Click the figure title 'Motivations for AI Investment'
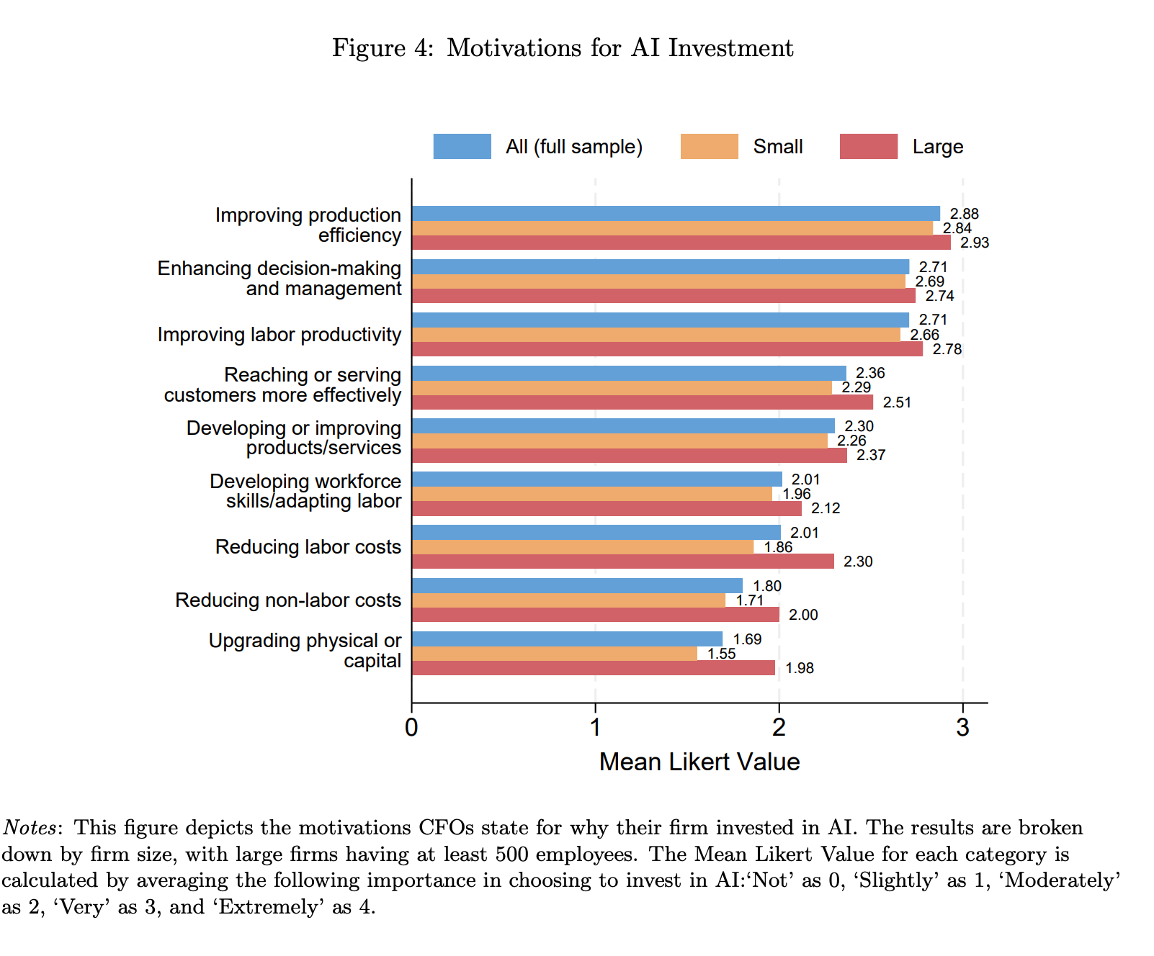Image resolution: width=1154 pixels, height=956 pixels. click(x=620, y=48)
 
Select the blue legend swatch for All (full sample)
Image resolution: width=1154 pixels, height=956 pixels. click(x=462, y=146)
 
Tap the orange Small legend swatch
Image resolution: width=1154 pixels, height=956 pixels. click(x=709, y=146)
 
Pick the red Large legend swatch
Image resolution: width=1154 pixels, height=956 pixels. click(x=869, y=146)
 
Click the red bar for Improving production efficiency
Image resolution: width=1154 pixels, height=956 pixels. click(x=681, y=243)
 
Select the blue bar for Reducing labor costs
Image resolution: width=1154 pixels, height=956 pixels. click(x=596, y=533)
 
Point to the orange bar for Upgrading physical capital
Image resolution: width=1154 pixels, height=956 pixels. click(x=555, y=654)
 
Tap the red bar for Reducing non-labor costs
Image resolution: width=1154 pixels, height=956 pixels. click(x=596, y=615)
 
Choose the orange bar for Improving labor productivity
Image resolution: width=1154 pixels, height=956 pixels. click(x=656, y=335)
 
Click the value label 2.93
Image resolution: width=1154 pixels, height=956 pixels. click(x=975, y=243)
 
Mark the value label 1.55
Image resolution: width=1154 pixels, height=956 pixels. click(x=721, y=654)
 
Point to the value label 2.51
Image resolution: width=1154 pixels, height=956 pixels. click(x=897, y=403)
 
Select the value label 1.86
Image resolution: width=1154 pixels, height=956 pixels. click(x=778, y=548)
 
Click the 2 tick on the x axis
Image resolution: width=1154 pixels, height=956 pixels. click(x=779, y=728)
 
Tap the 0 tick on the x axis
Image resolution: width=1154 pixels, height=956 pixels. click(x=411, y=728)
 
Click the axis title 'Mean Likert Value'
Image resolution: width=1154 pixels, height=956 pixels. click(x=699, y=762)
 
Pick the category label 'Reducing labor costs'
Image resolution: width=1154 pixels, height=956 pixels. click(x=308, y=547)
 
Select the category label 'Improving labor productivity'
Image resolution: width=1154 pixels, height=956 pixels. click(x=279, y=335)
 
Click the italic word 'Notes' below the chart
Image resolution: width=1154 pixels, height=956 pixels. click(x=30, y=828)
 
